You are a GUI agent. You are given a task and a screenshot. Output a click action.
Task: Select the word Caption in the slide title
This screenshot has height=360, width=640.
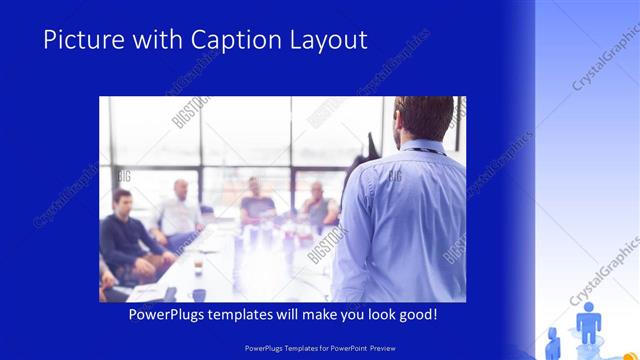224,40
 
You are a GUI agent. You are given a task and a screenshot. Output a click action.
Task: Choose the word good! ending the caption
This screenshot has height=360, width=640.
416,315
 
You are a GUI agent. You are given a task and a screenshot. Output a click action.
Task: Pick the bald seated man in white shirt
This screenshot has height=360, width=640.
181,210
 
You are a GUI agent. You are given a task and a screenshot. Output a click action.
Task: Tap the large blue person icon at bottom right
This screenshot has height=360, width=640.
588,323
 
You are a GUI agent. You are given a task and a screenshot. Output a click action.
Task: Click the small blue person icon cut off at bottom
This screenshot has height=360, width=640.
552,335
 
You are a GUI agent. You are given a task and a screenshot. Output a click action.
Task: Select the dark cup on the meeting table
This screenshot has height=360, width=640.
199,294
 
